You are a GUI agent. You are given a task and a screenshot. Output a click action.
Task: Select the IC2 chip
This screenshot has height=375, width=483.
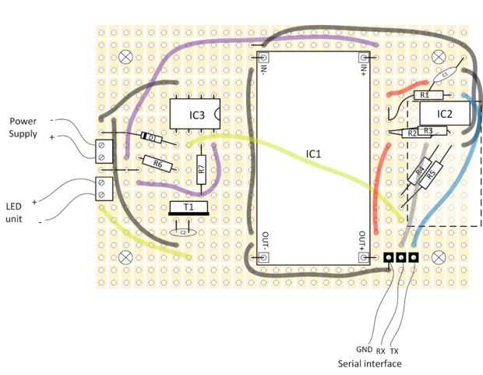coord(444,114)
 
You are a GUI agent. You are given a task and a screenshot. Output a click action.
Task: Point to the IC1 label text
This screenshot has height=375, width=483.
coord(313,154)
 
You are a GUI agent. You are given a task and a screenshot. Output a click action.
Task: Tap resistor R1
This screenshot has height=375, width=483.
coord(425,95)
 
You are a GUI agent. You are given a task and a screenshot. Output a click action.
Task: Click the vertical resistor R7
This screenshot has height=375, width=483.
coord(201,168)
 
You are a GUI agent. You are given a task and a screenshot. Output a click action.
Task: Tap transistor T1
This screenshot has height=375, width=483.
coord(189,207)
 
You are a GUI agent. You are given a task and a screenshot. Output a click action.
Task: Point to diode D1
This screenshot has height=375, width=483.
coord(153,139)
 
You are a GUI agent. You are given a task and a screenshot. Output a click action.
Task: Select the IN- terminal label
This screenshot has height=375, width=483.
coord(265,72)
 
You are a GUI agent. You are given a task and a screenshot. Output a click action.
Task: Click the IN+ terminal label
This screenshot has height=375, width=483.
coord(363,72)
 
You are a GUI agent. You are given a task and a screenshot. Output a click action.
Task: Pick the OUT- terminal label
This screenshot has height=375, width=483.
coord(265,240)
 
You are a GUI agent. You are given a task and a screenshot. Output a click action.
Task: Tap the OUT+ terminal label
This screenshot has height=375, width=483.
coord(363,240)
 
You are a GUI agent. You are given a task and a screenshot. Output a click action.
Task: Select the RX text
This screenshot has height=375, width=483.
coord(380,351)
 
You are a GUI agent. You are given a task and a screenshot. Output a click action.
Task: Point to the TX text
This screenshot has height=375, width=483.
coord(394,351)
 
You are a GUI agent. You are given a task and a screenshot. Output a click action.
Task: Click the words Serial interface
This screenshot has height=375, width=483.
coord(370,364)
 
